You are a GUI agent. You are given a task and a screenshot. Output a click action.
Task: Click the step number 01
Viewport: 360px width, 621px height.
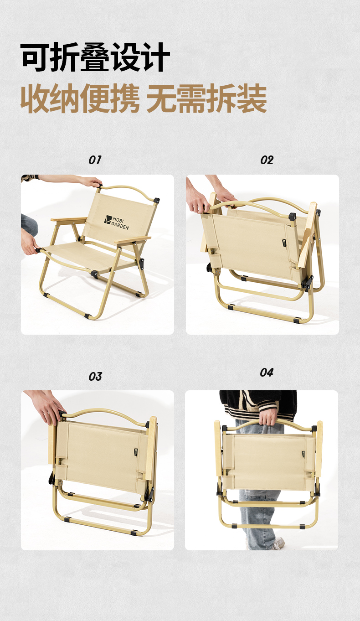[x=95, y=160]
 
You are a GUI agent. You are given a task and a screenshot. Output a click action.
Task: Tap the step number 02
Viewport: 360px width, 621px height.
[x=267, y=160]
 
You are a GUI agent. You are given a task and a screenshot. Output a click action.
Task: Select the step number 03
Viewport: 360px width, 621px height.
[x=95, y=377]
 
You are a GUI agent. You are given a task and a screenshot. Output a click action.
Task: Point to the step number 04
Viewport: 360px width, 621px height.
[x=267, y=373]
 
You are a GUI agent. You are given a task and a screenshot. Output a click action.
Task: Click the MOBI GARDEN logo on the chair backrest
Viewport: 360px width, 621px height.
[x=117, y=222]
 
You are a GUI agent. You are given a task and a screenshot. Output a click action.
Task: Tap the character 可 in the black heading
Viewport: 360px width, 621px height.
[x=35, y=57]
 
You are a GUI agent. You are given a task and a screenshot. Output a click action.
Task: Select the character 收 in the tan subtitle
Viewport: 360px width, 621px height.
[x=36, y=98]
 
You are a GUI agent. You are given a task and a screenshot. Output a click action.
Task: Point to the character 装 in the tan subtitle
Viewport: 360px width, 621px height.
[x=252, y=98]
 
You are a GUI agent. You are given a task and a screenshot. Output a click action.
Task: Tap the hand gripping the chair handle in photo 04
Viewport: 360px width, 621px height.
[x=268, y=416]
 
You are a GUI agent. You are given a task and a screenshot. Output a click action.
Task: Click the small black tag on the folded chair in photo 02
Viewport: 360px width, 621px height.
[x=284, y=243]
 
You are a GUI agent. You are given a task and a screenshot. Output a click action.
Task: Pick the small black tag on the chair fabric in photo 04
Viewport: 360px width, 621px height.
[x=303, y=455]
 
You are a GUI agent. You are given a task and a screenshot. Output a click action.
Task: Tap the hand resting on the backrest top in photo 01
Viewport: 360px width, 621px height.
[x=90, y=182]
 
